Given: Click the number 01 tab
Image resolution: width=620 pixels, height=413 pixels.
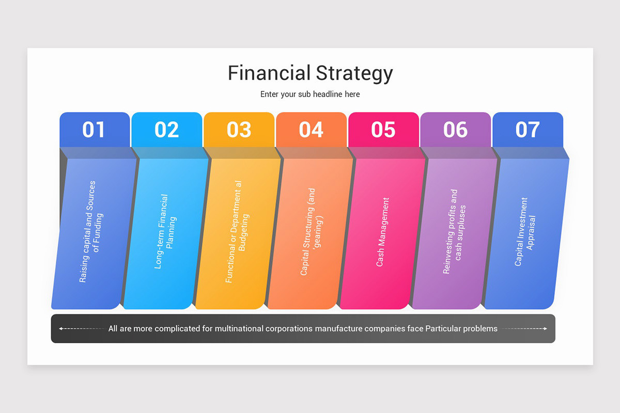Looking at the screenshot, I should click(x=94, y=130).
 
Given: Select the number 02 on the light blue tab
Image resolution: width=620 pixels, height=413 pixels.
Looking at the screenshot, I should click(x=166, y=130).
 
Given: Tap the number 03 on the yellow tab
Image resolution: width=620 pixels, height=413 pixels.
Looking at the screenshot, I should click(x=239, y=130).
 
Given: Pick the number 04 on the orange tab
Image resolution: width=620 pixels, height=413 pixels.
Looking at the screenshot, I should click(x=311, y=130).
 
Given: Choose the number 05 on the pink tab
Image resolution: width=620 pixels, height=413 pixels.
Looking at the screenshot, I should click(x=383, y=130).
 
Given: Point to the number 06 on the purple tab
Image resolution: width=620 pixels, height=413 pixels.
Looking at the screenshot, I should click(x=455, y=130).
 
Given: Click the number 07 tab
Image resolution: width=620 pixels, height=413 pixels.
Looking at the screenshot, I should click(x=528, y=130).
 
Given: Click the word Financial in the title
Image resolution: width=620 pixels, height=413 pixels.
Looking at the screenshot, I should click(x=269, y=73).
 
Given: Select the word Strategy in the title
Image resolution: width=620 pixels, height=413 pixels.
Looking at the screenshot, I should click(x=354, y=73).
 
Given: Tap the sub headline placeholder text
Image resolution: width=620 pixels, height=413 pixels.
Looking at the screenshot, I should click(x=310, y=94).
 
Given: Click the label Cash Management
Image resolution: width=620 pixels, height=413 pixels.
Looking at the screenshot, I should click(x=383, y=232).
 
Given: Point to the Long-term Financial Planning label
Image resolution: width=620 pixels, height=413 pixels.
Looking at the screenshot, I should click(x=165, y=231).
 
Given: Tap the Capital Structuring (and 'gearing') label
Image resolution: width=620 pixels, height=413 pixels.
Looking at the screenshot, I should click(x=311, y=232).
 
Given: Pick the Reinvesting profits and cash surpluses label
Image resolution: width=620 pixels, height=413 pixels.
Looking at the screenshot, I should click(x=454, y=232).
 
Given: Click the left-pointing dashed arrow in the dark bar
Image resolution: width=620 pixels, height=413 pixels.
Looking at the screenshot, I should click(x=83, y=328).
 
